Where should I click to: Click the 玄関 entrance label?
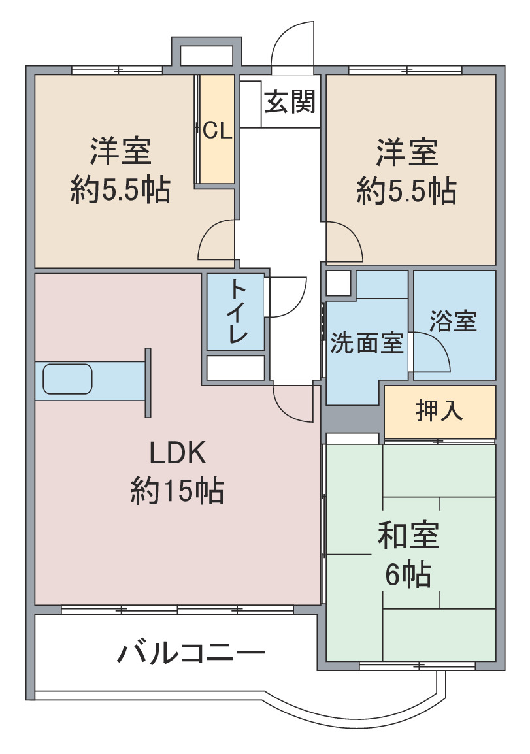click(x=290, y=101)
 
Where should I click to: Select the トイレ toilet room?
click(x=236, y=312)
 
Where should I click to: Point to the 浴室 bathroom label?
click(x=453, y=321)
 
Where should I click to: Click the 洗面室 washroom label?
click(x=367, y=343)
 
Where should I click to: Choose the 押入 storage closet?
click(x=440, y=412)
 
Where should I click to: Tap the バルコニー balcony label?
click(x=191, y=653)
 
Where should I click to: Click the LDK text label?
click(x=178, y=453)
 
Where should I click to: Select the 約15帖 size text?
click(x=178, y=491)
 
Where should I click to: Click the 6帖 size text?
click(x=408, y=574)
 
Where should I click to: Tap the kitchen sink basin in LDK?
click(x=67, y=379)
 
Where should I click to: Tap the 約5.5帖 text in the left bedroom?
click(x=120, y=189)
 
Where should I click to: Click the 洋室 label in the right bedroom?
click(x=407, y=152)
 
